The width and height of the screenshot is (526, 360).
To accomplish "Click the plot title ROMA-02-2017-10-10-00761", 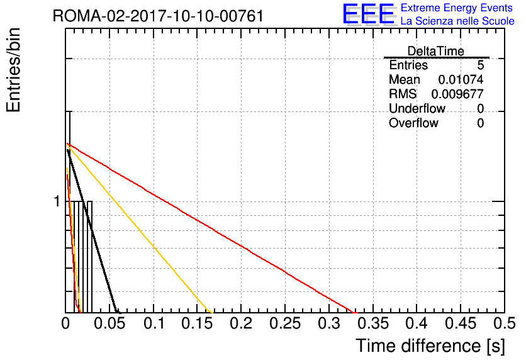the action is (x=158, y=16).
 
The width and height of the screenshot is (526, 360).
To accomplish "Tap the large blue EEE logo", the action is (x=369, y=14).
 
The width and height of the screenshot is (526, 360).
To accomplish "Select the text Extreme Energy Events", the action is (x=457, y=8).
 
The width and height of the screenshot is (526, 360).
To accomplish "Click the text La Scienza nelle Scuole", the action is (x=457, y=21).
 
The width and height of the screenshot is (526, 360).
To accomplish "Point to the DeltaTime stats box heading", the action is (x=436, y=51).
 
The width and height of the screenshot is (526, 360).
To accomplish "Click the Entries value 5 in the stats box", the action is (x=480, y=65).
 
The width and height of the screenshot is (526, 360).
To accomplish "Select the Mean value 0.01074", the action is (x=461, y=79).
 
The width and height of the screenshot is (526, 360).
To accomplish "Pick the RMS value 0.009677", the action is (x=457, y=94).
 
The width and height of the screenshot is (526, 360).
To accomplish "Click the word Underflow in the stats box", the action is (x=417, y=108).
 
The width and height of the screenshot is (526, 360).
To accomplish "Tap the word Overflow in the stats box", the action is (x=413, y=123).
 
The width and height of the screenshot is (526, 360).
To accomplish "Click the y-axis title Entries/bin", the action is (x=13, y=70).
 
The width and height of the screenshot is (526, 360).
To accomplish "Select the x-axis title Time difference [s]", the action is (x=430, y=346).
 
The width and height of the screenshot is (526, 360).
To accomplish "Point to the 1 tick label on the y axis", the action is (x=57, y=201).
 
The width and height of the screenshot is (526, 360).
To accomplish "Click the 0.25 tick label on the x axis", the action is (x=285, y=323).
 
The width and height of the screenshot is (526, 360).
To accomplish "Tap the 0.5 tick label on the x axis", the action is (x=505, y=323).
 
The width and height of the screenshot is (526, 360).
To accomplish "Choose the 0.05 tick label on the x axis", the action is (x=109, y=323).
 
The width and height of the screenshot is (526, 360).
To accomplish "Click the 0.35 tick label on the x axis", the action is (x=373, y=323).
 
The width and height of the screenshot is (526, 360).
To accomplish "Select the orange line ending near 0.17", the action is (x=140, y=228).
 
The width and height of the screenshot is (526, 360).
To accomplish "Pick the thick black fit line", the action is (x=92, y=231).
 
